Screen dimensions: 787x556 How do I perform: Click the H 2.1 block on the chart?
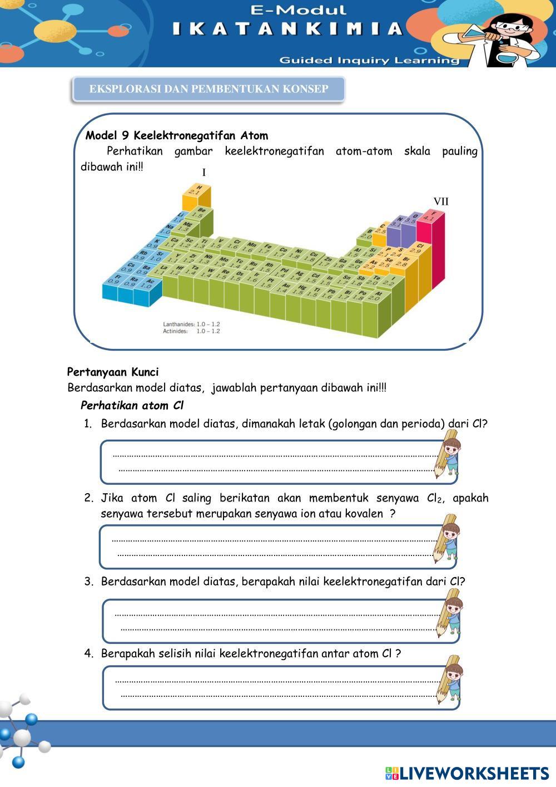click(196, 191)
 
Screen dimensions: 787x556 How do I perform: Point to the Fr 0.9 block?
click(113, 279)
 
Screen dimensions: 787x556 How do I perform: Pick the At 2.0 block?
click(378, 296)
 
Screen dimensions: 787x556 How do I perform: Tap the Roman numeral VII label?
click(441, 201)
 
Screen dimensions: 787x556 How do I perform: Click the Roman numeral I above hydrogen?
click(204, 173)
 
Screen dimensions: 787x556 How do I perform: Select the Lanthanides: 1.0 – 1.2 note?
click(191, 324)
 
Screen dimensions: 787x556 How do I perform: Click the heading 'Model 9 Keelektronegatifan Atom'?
click(177, 135)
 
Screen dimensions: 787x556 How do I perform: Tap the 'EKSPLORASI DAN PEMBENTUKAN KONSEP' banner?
click(209, 89)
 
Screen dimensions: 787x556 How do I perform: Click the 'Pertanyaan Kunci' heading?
click(113, 372)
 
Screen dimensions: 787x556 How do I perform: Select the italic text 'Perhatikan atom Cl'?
click(132, 405)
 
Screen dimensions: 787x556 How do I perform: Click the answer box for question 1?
click(272, 462)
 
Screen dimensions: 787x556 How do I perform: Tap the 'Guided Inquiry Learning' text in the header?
click(369, 60)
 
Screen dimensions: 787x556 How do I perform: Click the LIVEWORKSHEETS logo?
click(467, 773)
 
